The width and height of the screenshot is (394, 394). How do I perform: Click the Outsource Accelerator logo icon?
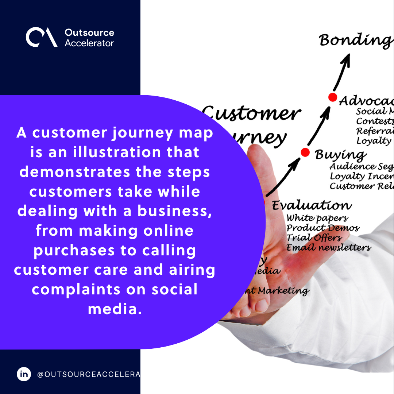pyautogui.click(x=41, y=38)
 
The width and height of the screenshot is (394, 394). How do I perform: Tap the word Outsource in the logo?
pyautogui.click(x=89, y=32)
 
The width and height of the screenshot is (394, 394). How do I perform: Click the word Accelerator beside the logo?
pyautogui.click(x=89, y=43)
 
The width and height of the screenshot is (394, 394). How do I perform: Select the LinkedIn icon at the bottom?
pyautogui.click(x=24, y=374)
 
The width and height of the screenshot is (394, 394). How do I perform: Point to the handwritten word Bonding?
pyautogui.click(x=356, y=40)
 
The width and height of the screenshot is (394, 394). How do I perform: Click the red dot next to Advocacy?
pyautogui.click(x=332, y=97)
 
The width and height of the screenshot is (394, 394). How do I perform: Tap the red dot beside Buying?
pyautogui.click(x=305, y=152)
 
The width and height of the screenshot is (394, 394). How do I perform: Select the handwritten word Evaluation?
pyautogui.click(x=312, y=205)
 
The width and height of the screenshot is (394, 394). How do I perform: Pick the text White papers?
pyautogui.click(x=317, y=219)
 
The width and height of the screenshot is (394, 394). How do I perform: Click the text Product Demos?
pyautogui.click(x=322, y=228)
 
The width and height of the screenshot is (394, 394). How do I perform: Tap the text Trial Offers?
pyautogui.click(x=314, y=238)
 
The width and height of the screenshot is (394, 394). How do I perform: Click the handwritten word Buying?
pyautogui.click(x=340, y=155)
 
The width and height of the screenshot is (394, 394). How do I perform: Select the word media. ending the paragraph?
pyautogui.click(x=115, y=309)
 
